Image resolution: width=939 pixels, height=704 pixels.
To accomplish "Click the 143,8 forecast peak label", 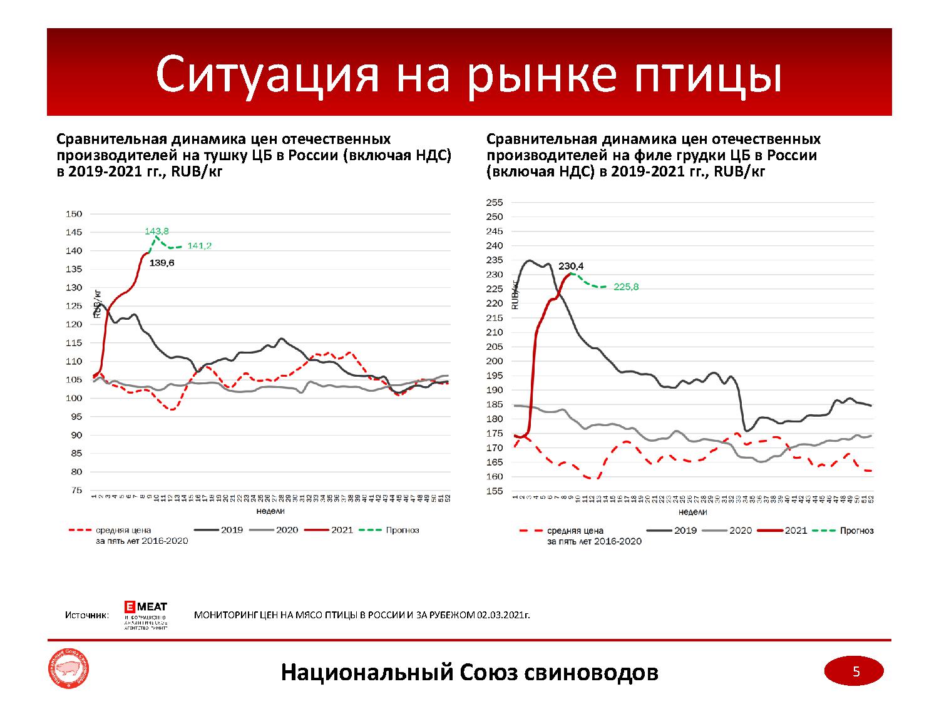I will point(156,231).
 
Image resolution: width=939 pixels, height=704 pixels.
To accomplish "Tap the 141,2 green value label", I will point(200,246).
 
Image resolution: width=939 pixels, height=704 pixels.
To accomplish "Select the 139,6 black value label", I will point(162,263).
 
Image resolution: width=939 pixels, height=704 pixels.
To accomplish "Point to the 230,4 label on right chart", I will point(571,265).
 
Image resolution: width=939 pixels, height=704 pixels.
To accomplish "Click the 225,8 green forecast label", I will point(626,287).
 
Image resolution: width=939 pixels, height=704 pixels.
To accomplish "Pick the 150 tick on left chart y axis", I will point(74,214).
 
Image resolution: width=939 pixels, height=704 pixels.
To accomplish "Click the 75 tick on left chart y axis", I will point(76,491).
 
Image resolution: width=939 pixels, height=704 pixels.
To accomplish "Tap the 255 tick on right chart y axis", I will point(495,202).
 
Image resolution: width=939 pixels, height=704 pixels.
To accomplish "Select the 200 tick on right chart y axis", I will point(495,361).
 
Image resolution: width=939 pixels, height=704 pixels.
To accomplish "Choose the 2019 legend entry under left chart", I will point(219,530).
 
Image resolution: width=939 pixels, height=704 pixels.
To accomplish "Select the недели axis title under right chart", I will point(693,512).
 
